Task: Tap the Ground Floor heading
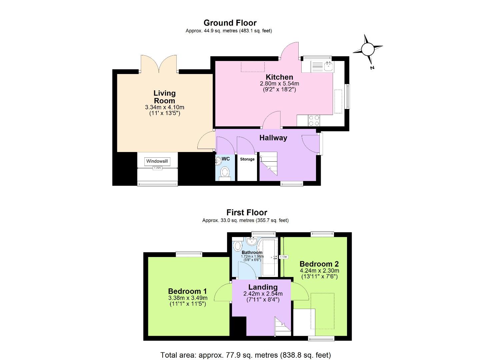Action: coord(230,23)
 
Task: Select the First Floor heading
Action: coord(247,212)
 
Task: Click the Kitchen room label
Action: coord(279,77)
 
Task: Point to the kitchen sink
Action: coord(329,66)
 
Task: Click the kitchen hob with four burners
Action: coord(313,120)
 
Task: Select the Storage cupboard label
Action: coord(247,159)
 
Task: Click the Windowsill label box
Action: coord(157,161)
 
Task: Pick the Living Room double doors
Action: coord(159,64)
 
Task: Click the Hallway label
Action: coord(273,138)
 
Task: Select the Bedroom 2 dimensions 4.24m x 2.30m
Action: coord(319,271)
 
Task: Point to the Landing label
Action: coord(263,287)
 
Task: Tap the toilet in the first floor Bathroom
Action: coord(238,246)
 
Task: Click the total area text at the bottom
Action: coord(246,355)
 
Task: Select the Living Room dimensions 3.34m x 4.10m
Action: coord(164,107)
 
